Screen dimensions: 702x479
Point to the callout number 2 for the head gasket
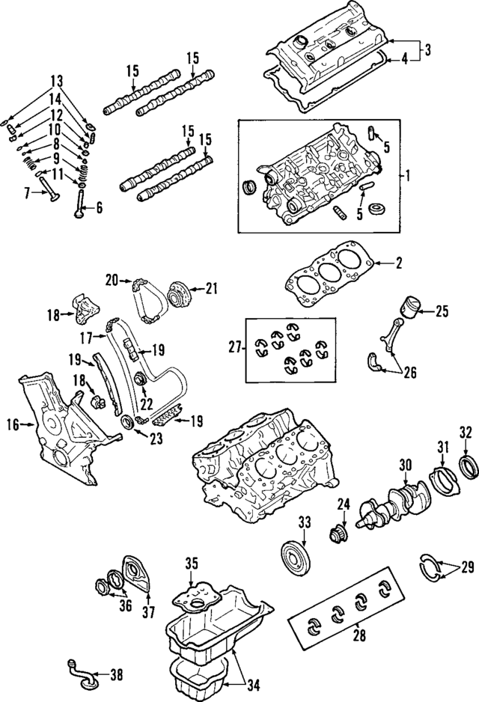pos(399,263)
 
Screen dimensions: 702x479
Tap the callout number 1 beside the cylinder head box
pos(409,176)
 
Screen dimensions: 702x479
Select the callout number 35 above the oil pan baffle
pos(191,563)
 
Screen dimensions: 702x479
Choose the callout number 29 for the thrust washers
pos(467,568)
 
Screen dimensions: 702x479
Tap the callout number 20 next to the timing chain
pos(112,281)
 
